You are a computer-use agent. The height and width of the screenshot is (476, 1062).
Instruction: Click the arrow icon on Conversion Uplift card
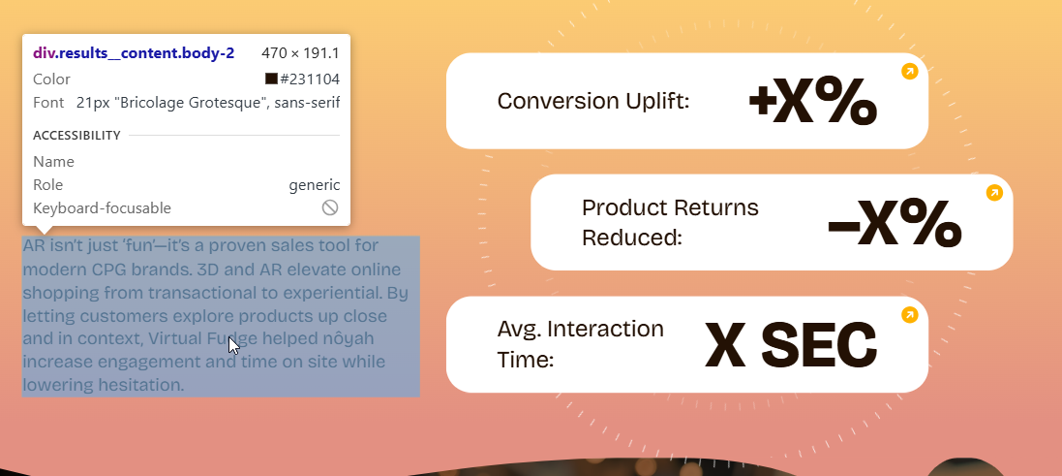click(x=910, y=71)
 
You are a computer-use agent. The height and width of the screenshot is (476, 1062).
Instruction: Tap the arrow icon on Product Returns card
click(x=994, y=193)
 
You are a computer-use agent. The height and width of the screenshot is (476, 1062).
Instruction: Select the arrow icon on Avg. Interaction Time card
click(x=910, y=315)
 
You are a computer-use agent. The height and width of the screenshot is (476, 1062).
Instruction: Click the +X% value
click(x=813, y=102)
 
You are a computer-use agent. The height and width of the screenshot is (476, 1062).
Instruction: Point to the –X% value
click(x=895, y=223)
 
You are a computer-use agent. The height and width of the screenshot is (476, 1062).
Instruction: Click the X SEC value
click(x=791, y=345)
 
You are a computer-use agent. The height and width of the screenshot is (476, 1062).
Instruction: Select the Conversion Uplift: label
click(x=593, y=101)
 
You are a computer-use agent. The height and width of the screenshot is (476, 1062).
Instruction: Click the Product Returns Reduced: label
click(x=670, y=222)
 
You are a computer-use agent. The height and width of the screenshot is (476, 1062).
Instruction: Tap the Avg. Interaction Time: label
click(x=581, y=344)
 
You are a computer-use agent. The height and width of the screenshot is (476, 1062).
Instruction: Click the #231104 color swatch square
click(x=272, y=79)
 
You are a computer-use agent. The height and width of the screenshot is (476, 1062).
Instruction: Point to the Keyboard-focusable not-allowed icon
click(x=330, y=207)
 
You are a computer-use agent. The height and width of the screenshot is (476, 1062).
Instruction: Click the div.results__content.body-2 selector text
click(x=134, y=53)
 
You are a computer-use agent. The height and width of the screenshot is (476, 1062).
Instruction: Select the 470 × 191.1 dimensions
click(x=300, y=53)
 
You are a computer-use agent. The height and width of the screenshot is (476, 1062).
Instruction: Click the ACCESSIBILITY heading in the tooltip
click(x=76, y=136)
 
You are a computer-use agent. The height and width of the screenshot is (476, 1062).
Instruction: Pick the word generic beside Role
click(x=315, y=185)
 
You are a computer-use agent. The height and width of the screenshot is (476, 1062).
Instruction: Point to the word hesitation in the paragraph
click(x=150, y=385)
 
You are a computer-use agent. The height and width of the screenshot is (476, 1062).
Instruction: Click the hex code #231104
click(x=310, y=79)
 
